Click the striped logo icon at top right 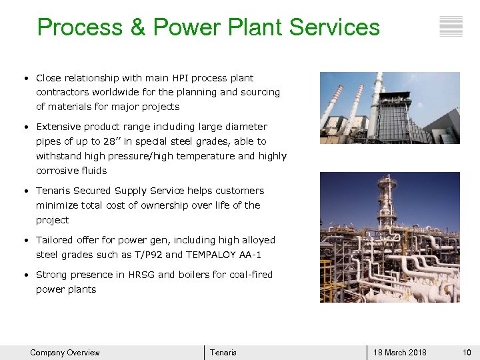pyautogui.click(x=451, y=26)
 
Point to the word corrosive pyautogui.click(x=57, y=171)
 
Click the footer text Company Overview pyautogui.click(x=65, y=353)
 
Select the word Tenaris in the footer pyautogui.click(x=223, y=353)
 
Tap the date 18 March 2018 pyautogui.click(x=399, y=353)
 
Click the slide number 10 pyautogui.click(x=466, y=353)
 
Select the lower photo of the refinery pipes pyautogui.click(x=389, y=237)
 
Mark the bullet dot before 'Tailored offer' pyautogui.click(x=25, y=241)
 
